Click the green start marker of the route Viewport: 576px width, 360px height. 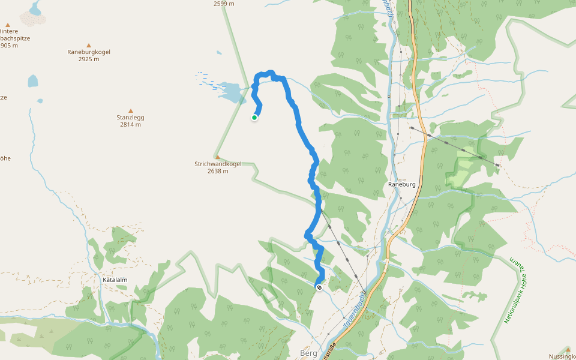coord(254,118)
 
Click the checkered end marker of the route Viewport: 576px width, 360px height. coord(319,287)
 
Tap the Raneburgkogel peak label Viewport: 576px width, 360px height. coord(89,52)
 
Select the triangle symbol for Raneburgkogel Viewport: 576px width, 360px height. coord(89,45)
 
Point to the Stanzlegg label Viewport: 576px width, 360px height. coord(130,118)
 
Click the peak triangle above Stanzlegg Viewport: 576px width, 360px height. coord(130,110)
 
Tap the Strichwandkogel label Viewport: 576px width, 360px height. coord(217,164)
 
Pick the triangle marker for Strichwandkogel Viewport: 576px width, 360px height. coord(217,157)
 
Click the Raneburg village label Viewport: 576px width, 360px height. coord(401,185)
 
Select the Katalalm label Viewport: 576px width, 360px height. coord(114,280)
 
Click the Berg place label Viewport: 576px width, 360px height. coord(308,353)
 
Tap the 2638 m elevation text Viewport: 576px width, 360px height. coord(217,172)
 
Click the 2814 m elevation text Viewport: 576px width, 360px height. coord(130,125)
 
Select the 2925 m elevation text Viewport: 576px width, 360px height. coord(89,59)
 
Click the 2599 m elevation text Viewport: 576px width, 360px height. coord(224,4)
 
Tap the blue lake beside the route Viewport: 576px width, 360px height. coord(231,91)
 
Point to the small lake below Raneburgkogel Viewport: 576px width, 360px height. coord(32,80)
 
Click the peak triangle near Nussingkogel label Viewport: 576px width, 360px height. coord(568,349)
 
